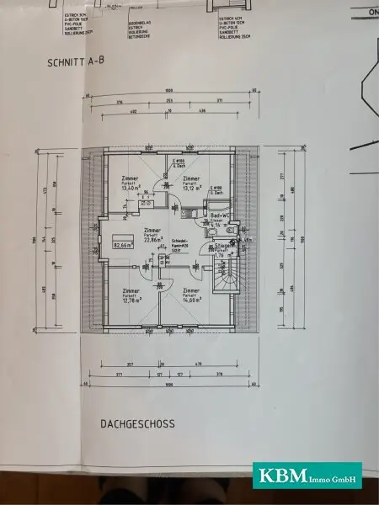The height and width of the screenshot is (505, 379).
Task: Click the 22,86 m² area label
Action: [x=152, y=239]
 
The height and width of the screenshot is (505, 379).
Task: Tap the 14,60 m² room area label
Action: [x=192, y=300]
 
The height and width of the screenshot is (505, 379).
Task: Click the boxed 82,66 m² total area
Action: [x=123, y=245]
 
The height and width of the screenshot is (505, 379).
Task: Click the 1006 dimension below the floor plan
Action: [x=169, y=383]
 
